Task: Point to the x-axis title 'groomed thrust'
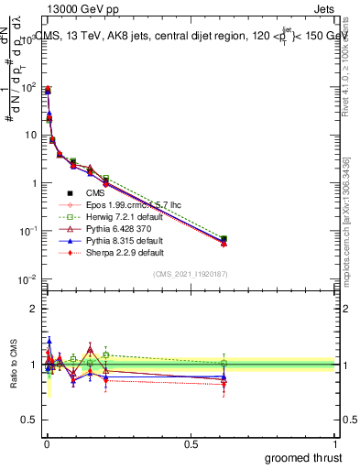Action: point(304,457)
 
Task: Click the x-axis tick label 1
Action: point(335,442)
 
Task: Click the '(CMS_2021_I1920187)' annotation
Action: point(190,274)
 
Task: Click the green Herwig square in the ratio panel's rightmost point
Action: point(224,363)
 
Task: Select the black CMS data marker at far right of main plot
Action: point(224,240)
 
